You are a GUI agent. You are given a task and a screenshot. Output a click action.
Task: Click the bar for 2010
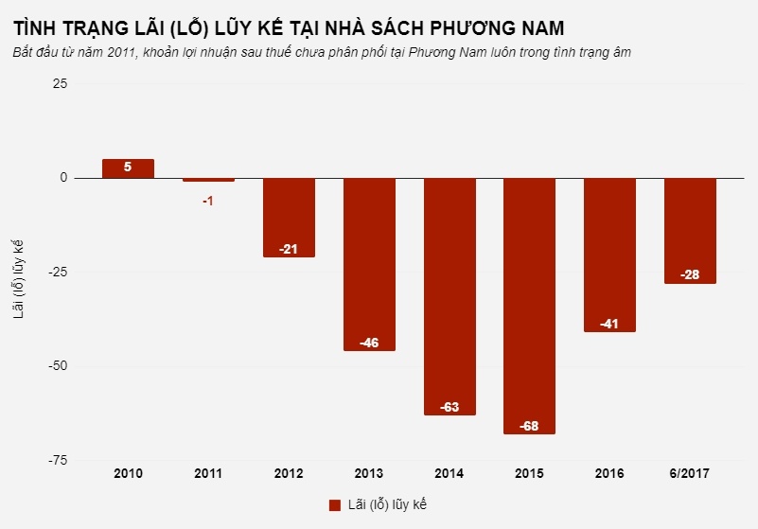pos(128,168)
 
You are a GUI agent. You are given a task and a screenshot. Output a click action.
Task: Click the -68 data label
pos(529,426)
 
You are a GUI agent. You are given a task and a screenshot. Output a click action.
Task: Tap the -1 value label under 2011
pos(208,201)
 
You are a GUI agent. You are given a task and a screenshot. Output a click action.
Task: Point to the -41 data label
pos(609,324)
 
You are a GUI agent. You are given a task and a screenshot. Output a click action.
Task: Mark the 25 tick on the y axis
pos(60,84)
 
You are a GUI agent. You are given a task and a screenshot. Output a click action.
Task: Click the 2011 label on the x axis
pos(208,473)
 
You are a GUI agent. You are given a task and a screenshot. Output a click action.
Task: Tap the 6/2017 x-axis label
pos(690,473)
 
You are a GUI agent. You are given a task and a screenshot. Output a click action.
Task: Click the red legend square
pos(334,504)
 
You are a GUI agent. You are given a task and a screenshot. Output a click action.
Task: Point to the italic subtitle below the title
pos(322,52)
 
